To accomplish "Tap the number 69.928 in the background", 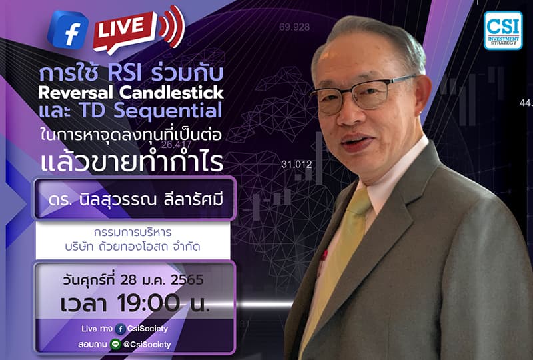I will click(x=294, y=27).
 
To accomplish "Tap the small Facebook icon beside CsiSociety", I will click(x=120, y=329).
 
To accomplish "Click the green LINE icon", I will click(x=115, y=344).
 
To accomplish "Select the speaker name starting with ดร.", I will click(x=134, y=198).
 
